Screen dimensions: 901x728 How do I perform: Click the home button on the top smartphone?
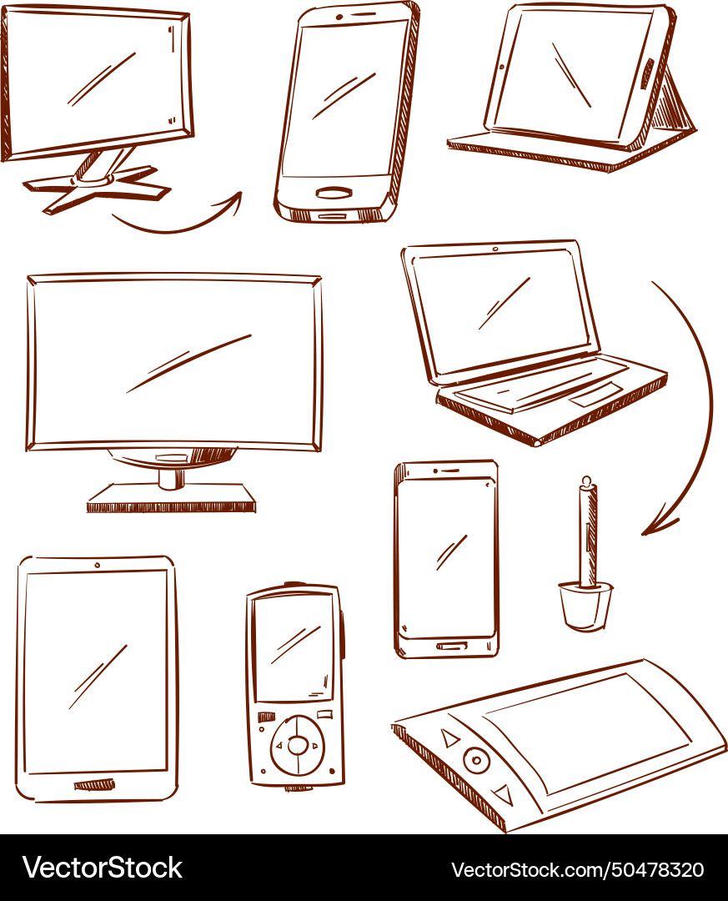pyautogui.click(x=334, y=193)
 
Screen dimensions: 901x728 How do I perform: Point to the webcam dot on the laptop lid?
pyautogui.click(x=495, y=249)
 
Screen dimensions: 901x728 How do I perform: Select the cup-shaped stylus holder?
pyautogui.click(x=585, y=606)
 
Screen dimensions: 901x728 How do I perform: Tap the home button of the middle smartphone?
pyautogui.click(x=449, y=646)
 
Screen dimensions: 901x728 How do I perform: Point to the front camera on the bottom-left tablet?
pyautogui.click(x=97, y=565)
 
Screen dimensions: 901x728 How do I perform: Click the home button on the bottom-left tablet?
pyautogui.click(x=94, y=784)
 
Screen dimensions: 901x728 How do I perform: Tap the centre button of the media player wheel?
pyautogui.click(x=298, y=745)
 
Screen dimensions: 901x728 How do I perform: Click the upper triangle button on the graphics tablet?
pyautogui.click(x=450, y=738)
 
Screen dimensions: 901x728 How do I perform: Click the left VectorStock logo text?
pyautogui.click(x=103, y=868)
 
